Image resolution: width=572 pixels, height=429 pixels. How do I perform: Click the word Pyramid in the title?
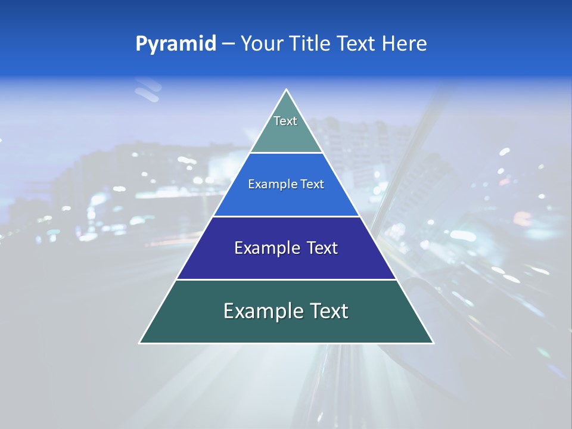(175, 43)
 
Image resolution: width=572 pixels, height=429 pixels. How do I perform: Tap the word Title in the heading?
(313, 43)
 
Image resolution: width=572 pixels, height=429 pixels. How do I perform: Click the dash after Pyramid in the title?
(228, 44)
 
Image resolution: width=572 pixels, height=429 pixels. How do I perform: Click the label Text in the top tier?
(285, 121)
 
